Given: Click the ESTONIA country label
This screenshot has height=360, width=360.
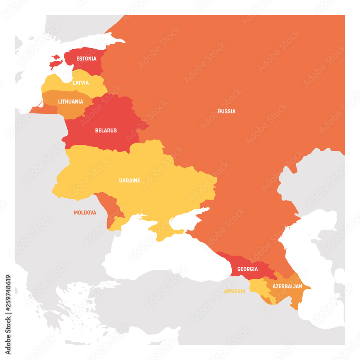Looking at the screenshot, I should [x=86, y=58].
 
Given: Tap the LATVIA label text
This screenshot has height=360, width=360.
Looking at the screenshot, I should [x=81, y=83].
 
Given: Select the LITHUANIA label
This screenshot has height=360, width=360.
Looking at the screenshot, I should [x=71, y=102].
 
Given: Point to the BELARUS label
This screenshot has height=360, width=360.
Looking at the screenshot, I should [x=106, y=130].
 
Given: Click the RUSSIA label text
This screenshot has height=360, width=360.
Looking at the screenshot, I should [x=227, y=111].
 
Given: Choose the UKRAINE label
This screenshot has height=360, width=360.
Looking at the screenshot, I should [x=130, y=180].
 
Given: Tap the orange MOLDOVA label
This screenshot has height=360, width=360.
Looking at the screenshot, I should [x=85, y=213].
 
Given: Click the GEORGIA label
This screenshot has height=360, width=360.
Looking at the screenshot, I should [x=247, y=269].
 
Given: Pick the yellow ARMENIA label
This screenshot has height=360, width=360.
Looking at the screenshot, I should [x=235, y=291].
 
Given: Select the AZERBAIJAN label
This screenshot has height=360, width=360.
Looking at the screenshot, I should [x=287, y=287].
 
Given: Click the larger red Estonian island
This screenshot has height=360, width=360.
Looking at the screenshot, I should [x=56, y=64].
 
